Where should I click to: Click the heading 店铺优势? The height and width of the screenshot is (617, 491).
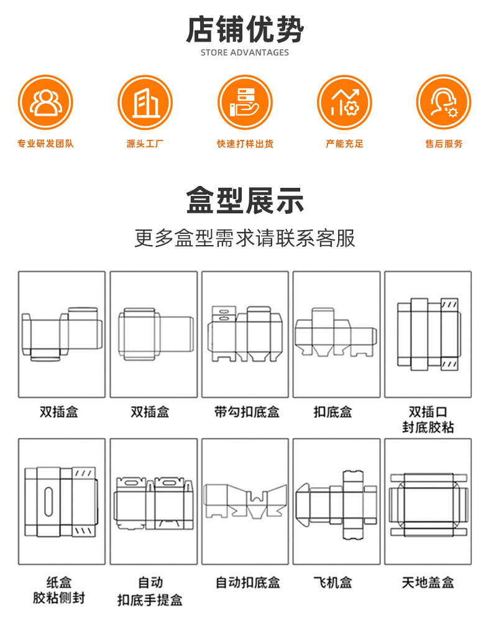click(245, 29)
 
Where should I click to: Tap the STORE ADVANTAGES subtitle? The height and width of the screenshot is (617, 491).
click(245, 52)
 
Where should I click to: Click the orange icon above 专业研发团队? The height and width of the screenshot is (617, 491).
click(45, 102)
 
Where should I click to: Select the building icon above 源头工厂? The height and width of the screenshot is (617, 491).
click(145, 102)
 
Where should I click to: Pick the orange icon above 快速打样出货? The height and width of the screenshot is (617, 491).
click(245, 102)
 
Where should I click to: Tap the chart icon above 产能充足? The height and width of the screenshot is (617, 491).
click(344, 102)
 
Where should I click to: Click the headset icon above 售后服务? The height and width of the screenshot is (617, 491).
click(444, 102)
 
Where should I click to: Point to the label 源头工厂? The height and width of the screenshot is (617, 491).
click(145, 144)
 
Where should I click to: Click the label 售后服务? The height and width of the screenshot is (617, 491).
click(444, 144)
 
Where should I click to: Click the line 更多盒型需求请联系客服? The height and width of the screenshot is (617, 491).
click(245, 238)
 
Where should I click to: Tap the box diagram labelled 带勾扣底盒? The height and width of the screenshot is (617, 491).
click(245, 334)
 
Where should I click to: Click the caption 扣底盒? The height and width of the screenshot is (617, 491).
click(333, 412)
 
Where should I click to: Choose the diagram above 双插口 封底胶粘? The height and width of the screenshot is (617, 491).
click(428, 334)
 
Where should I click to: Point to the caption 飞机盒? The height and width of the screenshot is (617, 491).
click(333, 583)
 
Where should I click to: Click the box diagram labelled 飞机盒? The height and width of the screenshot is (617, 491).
click(336, 501)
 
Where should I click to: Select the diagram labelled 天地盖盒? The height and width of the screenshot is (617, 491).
click(428, 501)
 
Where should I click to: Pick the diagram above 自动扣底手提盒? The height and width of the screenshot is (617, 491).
click(153, 501)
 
